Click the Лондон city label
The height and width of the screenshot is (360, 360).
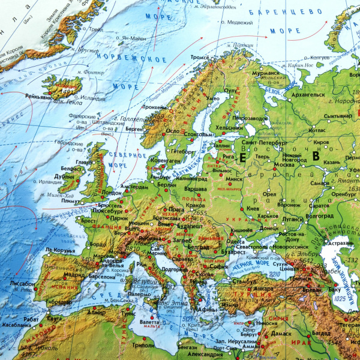click(x=112, y=193)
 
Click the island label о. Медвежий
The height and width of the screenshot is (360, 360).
click(x=239, y=23)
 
